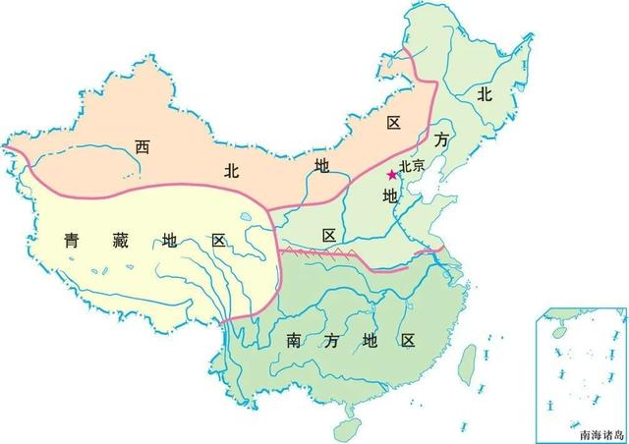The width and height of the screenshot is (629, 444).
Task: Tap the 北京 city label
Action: [412, 168]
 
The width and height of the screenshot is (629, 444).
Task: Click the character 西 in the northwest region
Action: [143, 147]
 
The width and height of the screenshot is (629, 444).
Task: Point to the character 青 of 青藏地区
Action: [72, 239]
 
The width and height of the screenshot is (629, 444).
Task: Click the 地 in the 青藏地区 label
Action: [168, 241]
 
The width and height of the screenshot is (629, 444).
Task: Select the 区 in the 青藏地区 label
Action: [217, 241]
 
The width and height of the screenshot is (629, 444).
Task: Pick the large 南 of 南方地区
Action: [294, 341]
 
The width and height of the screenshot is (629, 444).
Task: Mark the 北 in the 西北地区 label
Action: [232, 170]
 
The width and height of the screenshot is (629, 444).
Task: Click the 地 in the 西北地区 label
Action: [321, 163]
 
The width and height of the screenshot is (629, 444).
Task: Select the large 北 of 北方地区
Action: [484, 94]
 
